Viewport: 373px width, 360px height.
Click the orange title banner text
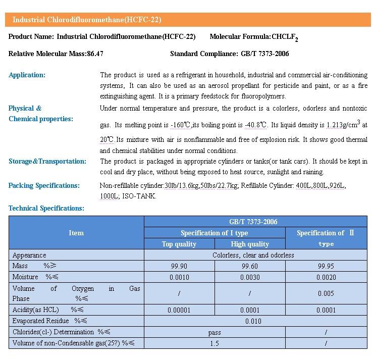(87, 20)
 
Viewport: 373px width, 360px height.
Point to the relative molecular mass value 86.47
(95, 54)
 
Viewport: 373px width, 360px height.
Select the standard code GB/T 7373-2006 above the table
(264, 54)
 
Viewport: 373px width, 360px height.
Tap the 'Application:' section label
(27, 75)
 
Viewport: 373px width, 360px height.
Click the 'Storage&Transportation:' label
(47, 162)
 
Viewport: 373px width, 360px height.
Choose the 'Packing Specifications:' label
(44, 185)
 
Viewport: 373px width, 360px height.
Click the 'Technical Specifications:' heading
(46, 208)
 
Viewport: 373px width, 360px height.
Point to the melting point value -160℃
(181, 125)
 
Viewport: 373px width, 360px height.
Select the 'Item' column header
(76, 233)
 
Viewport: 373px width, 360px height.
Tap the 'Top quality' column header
(179, 244)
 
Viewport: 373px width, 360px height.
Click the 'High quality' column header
(250, 244)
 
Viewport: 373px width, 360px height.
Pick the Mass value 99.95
(326, 266)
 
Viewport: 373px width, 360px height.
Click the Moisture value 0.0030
(250, 277)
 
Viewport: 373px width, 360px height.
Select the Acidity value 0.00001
(179, 310)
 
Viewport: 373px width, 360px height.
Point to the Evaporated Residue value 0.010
(253, 321)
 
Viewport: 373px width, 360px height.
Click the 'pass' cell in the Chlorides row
(214, 332)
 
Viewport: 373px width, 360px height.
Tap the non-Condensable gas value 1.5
(214, 343)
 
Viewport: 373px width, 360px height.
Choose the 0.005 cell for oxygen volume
(326, 293)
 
